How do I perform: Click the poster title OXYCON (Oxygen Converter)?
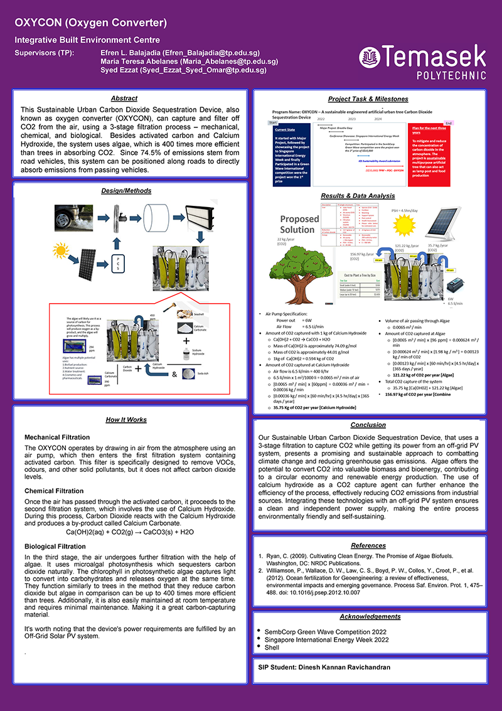tap(91, 23)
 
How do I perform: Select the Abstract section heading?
tap(124, 99)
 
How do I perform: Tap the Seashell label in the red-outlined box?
tap(198, 316)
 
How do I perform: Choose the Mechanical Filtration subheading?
tap(56, 437)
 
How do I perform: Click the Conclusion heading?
tap(368, 425)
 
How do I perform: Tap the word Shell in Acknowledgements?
tap(271, 646)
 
